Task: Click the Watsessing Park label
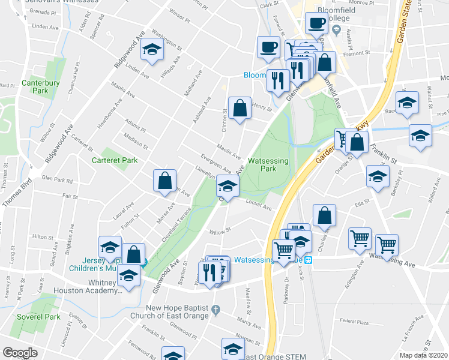point(268,165)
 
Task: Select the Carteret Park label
point(115,160)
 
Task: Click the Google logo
point(20,352)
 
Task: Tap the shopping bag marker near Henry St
point(240,109)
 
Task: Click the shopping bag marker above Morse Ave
point(164,180)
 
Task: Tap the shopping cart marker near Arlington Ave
point(360,238)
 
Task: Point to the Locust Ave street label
point(259,208)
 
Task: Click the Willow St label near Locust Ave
point(220,230)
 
